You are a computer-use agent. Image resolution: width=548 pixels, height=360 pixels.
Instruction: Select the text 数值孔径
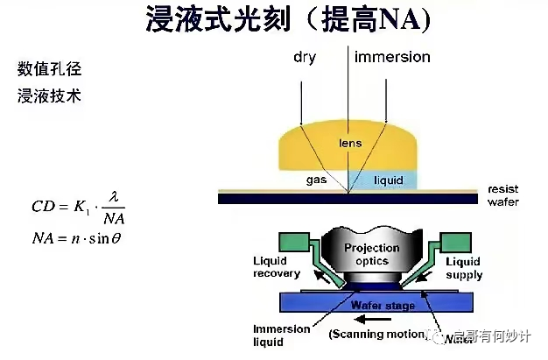point(50,68)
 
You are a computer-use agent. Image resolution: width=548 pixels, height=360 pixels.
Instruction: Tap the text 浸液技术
point(50,96)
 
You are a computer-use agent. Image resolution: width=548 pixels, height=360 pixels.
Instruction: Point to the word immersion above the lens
point(392,58)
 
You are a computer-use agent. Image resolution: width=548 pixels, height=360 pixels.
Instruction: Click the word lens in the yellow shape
point(350,142)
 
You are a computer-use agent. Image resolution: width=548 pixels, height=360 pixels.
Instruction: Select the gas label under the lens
point(316,180)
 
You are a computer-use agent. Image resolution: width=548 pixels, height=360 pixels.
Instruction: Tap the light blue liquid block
point(384,180)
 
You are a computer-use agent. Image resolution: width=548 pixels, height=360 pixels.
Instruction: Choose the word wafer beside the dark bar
point(502,202)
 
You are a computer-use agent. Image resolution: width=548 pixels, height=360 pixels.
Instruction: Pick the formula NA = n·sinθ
point(76,238)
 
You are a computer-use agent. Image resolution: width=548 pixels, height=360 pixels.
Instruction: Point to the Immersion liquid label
point(281,335)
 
